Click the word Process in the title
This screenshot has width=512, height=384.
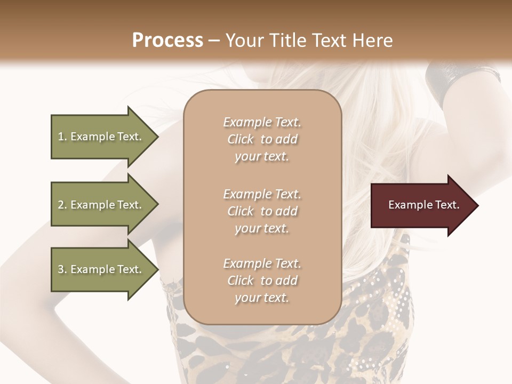167,41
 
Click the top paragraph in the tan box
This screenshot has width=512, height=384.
262,139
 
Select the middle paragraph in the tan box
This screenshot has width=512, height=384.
262,211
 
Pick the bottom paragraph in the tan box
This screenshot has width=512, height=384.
262,281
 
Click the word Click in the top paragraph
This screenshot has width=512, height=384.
241,140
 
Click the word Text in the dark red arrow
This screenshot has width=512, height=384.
447,205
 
